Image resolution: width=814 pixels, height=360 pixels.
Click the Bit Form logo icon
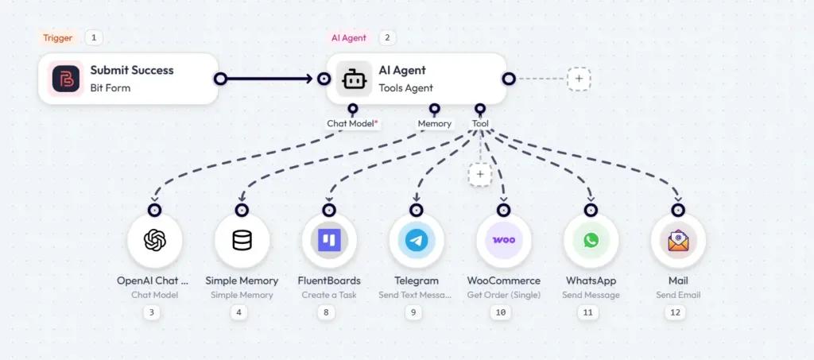[65, 79]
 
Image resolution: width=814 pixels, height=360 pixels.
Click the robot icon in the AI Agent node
[354, 79]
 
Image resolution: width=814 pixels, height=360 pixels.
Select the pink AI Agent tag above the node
[350, 37]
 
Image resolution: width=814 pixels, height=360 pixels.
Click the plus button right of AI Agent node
[579, 79]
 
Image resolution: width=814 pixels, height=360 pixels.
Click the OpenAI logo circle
[155, 241]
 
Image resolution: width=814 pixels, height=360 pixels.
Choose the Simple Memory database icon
[242, 241]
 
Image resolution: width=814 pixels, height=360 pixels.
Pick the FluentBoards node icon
[329, 241]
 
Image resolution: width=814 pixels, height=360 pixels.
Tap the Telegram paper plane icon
[416, 241]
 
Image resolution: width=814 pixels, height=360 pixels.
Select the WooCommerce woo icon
[503, 241]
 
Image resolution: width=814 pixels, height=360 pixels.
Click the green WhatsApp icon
[591, 241]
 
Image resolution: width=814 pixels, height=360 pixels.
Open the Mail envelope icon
[678, 241]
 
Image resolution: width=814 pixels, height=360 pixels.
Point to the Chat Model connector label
[352, 124]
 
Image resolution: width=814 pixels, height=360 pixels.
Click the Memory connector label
[435, 124]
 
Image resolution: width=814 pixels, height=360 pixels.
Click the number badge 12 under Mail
[676, 313]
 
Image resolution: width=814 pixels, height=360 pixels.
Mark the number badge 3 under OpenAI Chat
[153, 313]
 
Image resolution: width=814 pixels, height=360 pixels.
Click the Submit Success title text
[132, 71]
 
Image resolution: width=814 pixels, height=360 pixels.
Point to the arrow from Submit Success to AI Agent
[270, 79]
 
